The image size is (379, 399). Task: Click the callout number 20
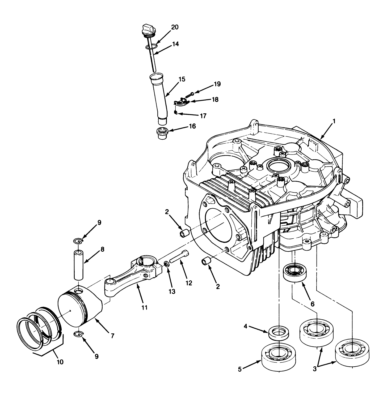pyautogui.click(x=175, y=27)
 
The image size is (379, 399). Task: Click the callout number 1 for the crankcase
pyautogui.click(x=334, y=121)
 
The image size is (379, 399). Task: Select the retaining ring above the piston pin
pyautogui.click(x=78, y=241)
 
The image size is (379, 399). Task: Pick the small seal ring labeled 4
pyautogui.click(x=279, y=333)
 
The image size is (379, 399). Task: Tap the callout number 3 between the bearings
pyautogui.click(x=315, y=369)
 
